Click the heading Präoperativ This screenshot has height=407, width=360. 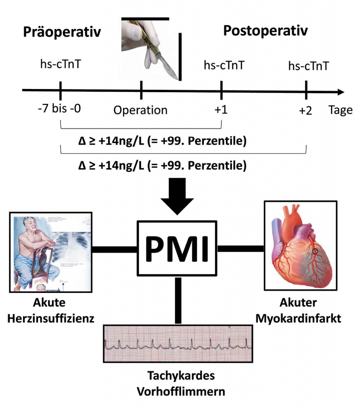[62, 32]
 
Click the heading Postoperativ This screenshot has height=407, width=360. [265, 31]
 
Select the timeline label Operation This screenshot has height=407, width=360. [140, 110]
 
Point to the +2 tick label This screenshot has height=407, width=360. [306, 110]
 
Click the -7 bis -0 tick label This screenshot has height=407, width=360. [60, 109]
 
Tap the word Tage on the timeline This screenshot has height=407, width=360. [341, 110]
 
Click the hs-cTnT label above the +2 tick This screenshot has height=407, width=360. [309, 66]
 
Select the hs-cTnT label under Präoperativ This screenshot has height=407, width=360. [61, 64]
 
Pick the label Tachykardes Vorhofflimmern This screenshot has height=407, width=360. [181, 383]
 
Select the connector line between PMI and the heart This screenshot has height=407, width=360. [241, 249]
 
